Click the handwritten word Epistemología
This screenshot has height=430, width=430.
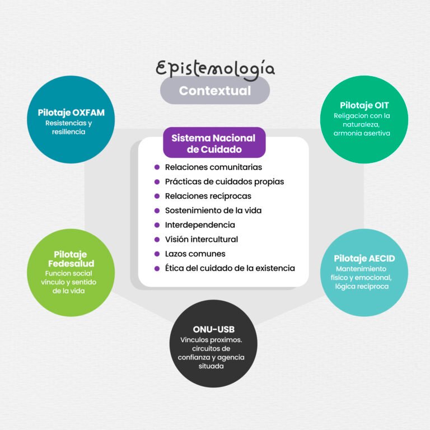tap(215, 69)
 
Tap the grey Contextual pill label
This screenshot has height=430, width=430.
tap(215, 91)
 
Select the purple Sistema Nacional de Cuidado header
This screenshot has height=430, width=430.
tap(214, 143)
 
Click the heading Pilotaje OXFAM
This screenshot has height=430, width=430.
tap(71, 113)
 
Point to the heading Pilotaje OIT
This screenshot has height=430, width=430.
tap(364, 105)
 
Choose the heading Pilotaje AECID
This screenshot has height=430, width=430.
tap(364, 258)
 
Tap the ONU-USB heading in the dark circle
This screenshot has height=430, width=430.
tap(214, 329)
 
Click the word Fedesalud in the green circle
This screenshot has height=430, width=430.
tap(71, 264)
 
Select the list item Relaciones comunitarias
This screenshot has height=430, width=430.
tap(213, 167)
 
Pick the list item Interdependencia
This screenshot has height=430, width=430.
tap(200, 225)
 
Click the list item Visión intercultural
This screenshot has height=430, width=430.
tap(202, 240)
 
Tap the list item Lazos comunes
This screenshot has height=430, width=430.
tap(195, 254)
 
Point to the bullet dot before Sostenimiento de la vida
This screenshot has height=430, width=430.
tap(157, 211)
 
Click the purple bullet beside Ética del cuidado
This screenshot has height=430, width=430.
tap(157, 269)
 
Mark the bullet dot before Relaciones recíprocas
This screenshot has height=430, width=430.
tap(157, 196)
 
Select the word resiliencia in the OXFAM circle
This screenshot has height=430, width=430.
tap(68, 132)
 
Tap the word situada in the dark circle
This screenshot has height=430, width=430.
tap(211, 366)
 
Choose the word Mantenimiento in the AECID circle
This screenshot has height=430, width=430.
tap(361, 269)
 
